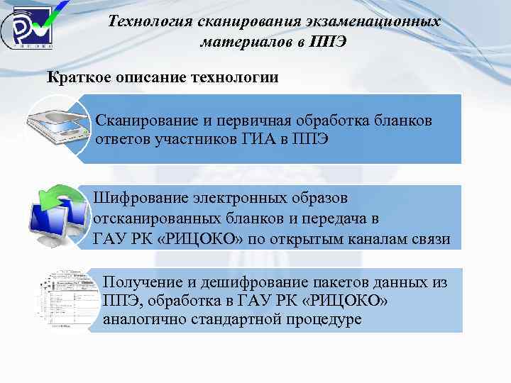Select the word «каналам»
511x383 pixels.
pos(380,239)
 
